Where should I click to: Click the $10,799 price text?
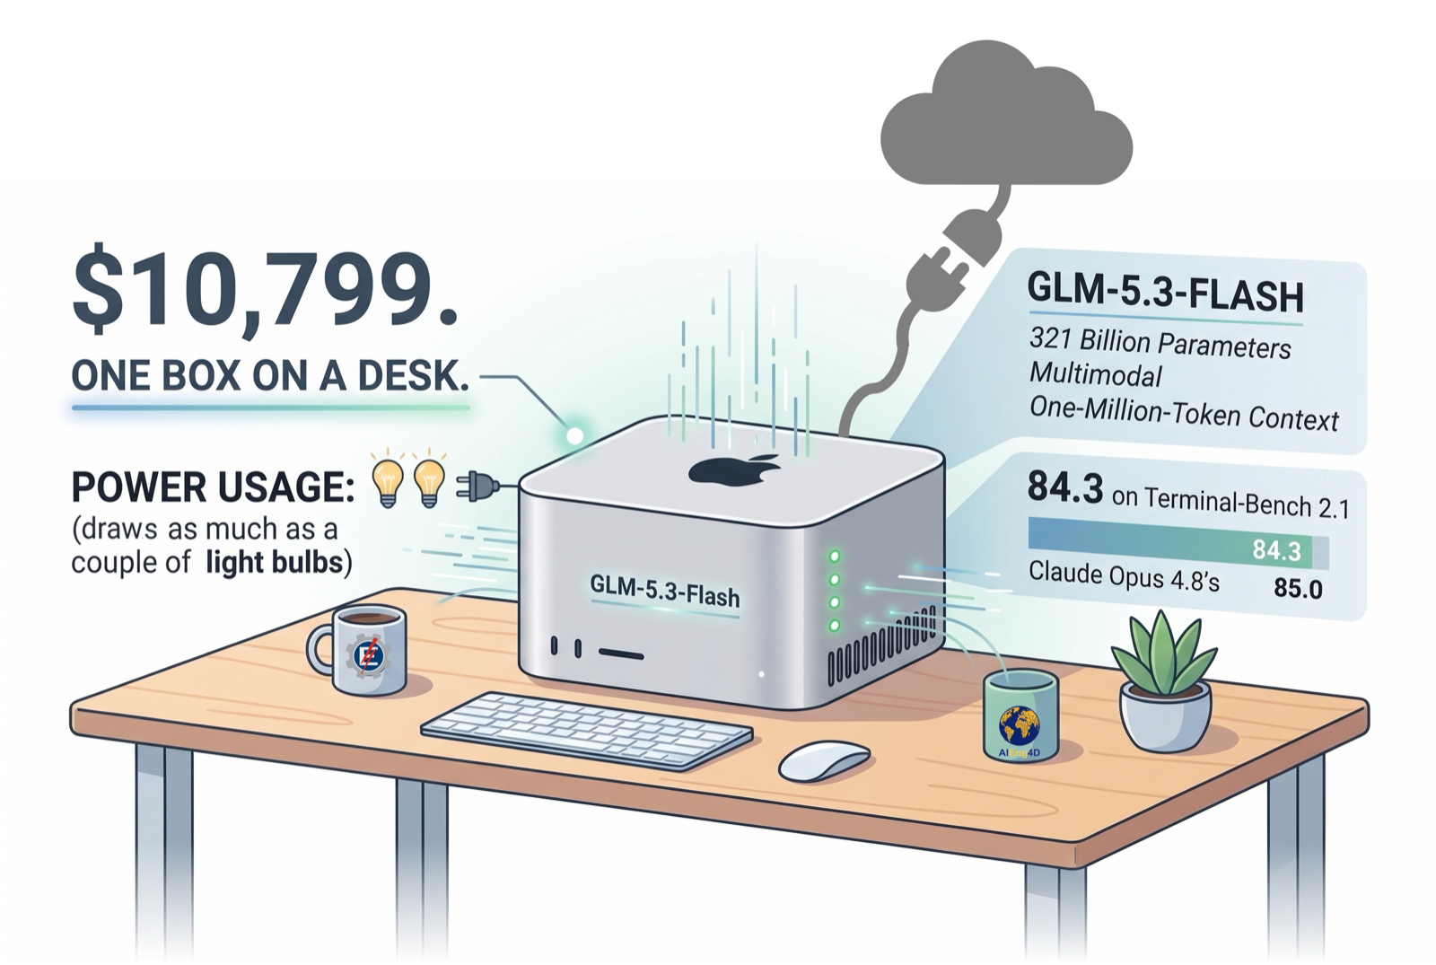265,294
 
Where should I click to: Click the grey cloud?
1006,114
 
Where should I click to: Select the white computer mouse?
825,760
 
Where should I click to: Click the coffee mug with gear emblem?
360,650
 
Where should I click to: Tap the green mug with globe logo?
1020,717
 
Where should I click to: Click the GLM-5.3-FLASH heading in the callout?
1166,293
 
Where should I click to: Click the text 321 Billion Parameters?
1160,344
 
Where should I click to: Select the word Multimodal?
1095,374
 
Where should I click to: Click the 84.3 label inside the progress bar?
1276,551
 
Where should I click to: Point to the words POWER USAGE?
214,487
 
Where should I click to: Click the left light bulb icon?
389,483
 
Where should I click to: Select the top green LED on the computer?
835,556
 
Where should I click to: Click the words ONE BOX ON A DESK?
270,376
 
